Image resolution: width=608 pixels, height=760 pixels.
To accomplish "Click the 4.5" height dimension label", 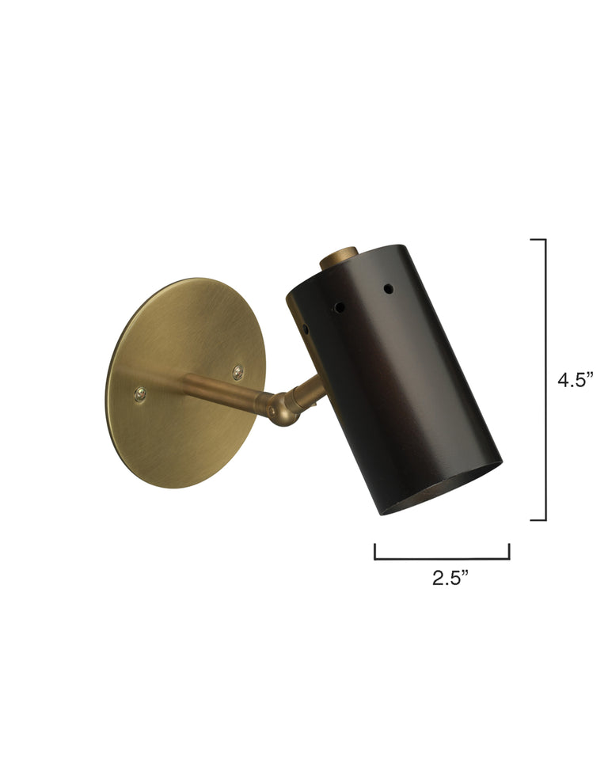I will (x=575, y=379).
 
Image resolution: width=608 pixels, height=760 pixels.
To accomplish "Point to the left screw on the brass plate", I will (x=140, y=393).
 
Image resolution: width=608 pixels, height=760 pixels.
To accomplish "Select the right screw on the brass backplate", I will (x=237, y=371).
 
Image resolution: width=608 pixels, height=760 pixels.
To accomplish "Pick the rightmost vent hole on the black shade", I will (x=388, y=287).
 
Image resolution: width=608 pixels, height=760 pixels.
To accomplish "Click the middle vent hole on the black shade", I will (x=339, y=305).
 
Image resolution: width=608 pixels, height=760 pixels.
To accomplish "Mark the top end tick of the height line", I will (x=538, y=239).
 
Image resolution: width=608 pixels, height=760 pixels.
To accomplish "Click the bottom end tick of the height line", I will (x=538, y=520).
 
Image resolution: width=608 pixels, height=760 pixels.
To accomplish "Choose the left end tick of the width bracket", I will (x=375, y=551).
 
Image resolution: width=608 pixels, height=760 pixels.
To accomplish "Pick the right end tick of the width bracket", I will (x=508, y=551).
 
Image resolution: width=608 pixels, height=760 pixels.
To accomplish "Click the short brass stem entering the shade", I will (x=310, y=390).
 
